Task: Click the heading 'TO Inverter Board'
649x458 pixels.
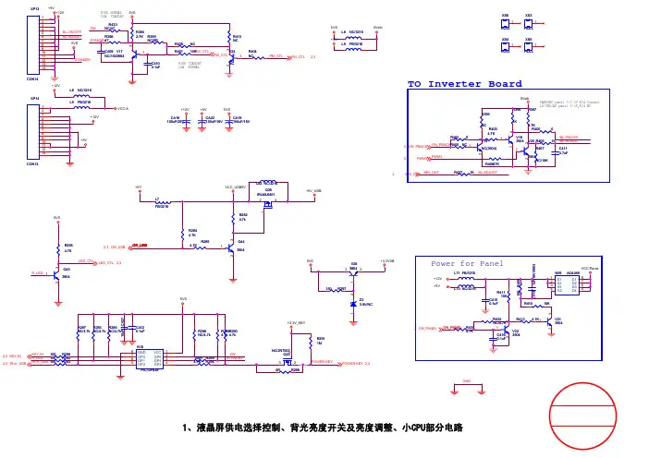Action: click(x=465, y=84)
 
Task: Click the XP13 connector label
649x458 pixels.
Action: click(x=34, y=8)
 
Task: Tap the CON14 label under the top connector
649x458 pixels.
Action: click(x=33, y=78)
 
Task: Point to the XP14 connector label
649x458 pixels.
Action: click(x=34, y=97)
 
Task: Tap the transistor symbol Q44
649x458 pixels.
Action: click(x=235, y=246)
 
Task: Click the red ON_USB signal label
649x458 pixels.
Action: click(x=140, y=247)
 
